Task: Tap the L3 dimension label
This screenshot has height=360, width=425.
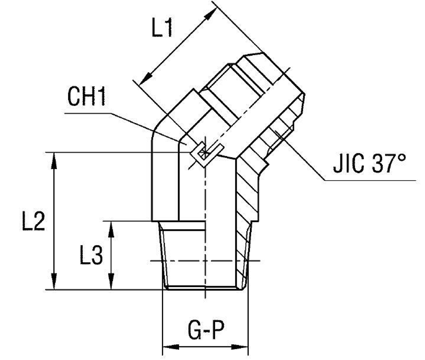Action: coord(91,256)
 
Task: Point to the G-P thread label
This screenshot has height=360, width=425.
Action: coord(206,332)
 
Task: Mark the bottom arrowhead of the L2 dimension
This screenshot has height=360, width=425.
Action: coord(54,283)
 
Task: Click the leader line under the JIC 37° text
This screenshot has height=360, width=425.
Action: coord(370,181)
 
